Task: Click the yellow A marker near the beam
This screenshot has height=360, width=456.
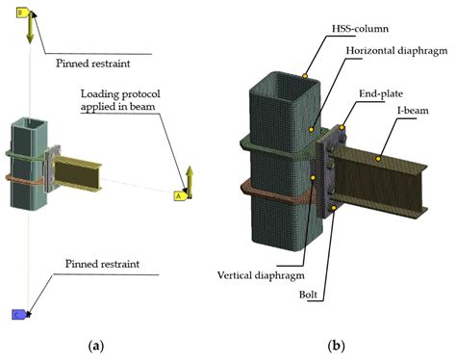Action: pyautogui.click(x=178, y=195)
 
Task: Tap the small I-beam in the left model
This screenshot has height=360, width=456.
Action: pyautogui.click(x=72, y=170)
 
